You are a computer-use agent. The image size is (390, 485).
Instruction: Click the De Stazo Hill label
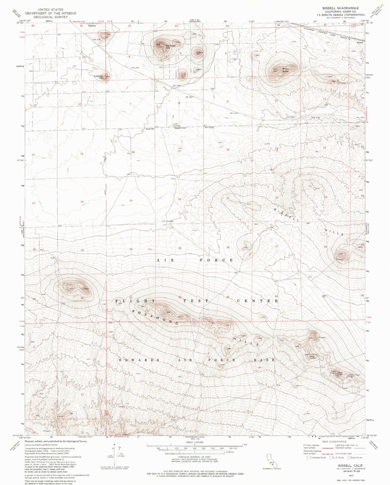pos(171,47)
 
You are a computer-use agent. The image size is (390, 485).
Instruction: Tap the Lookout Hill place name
pos(99,77)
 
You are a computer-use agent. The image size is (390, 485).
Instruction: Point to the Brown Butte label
pos(286,70)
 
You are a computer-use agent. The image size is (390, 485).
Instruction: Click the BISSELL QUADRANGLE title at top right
pos(336,8)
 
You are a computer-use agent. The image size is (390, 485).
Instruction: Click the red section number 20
pos(179,199)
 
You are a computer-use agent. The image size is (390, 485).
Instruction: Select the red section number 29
pos(180,248)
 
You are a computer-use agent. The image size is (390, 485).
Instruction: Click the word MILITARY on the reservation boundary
pos(150,129)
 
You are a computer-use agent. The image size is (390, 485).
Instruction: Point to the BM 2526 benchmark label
pos(135,68)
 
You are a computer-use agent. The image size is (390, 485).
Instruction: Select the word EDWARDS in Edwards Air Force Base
pos(139,360)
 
